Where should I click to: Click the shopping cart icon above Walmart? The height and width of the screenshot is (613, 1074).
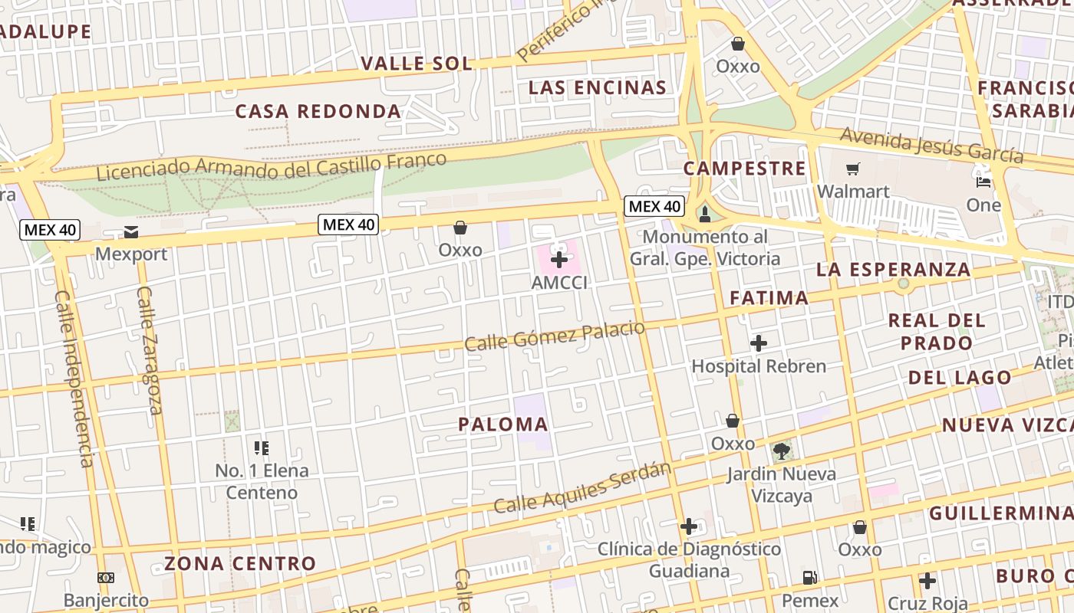point(852,169)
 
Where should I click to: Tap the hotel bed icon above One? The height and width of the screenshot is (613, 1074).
point(983,182)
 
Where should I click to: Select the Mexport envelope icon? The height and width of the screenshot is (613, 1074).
point(130,231)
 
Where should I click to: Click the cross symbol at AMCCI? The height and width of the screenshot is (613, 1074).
point(559,260)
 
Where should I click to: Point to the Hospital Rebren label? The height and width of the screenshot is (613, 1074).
point(759,366)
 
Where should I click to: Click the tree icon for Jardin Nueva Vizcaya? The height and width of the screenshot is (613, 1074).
point(781,451)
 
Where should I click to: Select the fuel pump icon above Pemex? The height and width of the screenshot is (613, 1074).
point(809,578)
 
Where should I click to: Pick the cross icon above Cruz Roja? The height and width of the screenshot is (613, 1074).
point(927,581)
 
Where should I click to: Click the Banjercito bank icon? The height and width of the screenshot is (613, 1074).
point(106,578)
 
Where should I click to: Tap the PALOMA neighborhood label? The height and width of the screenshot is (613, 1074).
point(503,425)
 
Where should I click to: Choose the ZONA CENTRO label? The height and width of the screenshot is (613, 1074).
point(240,564)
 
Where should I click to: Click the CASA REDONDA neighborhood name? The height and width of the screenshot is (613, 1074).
point(318,112)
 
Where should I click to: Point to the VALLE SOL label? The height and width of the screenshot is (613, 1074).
point(417,64)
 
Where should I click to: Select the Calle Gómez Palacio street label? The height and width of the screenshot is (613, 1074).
point(555,336)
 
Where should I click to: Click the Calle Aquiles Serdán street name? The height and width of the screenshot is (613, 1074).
point(582,488)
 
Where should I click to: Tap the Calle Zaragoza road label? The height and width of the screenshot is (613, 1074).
point(149,349)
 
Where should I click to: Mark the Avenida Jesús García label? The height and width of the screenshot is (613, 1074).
point(931,144)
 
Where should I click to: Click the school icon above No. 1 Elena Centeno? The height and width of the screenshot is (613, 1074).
point(261,447)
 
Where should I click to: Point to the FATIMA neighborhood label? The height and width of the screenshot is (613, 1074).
point(769,298)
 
